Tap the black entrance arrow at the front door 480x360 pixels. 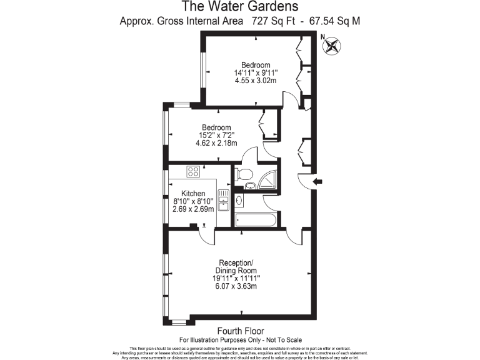[317, 182]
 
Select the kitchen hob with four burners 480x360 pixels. [192, 171]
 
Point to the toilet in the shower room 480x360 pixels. [246, 174]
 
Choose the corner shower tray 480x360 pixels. [269, 179]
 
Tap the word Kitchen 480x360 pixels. [193, 193]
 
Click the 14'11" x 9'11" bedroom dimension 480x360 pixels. [256, 73]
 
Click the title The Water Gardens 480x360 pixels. [240, 7]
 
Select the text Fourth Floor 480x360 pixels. [240, 331]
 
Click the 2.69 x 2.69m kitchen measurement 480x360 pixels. [193, 209]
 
